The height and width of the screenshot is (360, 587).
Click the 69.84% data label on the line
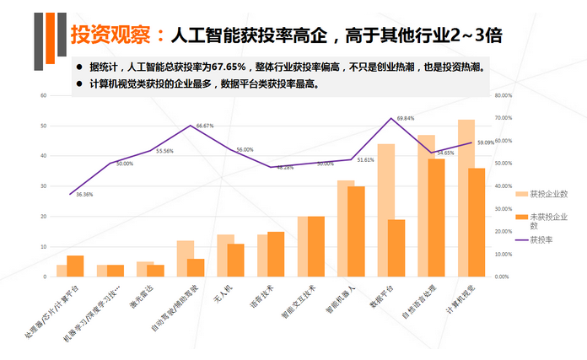click(406, 119)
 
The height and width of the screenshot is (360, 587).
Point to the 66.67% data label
click(205, 126)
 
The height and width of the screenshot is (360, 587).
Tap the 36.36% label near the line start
click(84, 195)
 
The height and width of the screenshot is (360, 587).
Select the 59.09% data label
click(486, 142)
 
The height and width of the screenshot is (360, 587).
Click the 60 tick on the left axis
click(42, 95)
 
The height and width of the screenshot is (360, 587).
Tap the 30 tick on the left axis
click(42, 186)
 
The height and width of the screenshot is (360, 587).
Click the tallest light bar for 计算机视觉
click(466, 198)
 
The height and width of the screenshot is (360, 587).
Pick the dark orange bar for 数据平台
click(397, 248)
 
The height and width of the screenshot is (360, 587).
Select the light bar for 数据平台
click(385, 210)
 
